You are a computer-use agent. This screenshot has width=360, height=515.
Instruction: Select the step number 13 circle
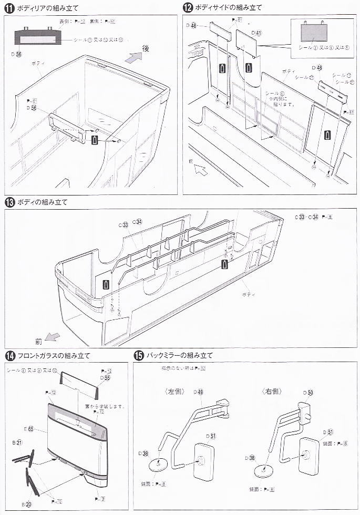tap(9, 202)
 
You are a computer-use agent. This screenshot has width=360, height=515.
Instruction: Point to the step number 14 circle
tap(9, 356)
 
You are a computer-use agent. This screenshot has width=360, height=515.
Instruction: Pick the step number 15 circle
tap(138, 356)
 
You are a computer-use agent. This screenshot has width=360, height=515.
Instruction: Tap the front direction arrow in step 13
tap(52, 336)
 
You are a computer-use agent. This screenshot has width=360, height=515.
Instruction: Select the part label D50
tap(308, 393)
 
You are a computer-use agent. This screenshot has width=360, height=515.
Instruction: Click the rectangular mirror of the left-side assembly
tap(202, 461)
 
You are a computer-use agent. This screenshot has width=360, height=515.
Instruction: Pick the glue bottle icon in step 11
tap(95, 139)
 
